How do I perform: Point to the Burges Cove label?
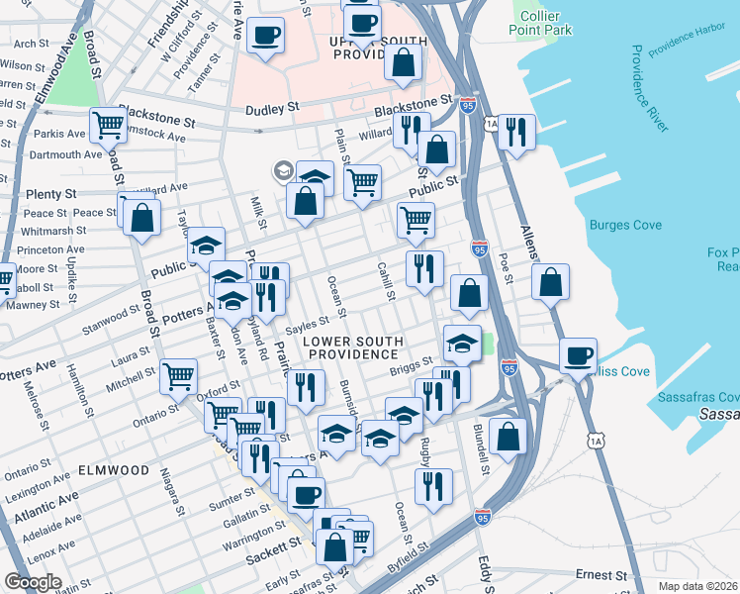(x=625, y=226)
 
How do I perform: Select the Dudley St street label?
(x=266, y=110)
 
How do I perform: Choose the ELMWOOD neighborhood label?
(x=114, y=470)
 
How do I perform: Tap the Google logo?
(x=34, y=582)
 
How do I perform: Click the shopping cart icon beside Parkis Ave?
(x=108, y=125)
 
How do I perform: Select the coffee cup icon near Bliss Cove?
(x=578, y=355)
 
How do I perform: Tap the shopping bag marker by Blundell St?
(x=508, y=436)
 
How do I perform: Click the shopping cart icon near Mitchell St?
(x=177, y=376)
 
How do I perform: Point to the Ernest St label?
(x=602, y=575)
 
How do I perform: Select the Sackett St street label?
(x=274, y=545)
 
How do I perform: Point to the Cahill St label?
(x=387, y=281)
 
